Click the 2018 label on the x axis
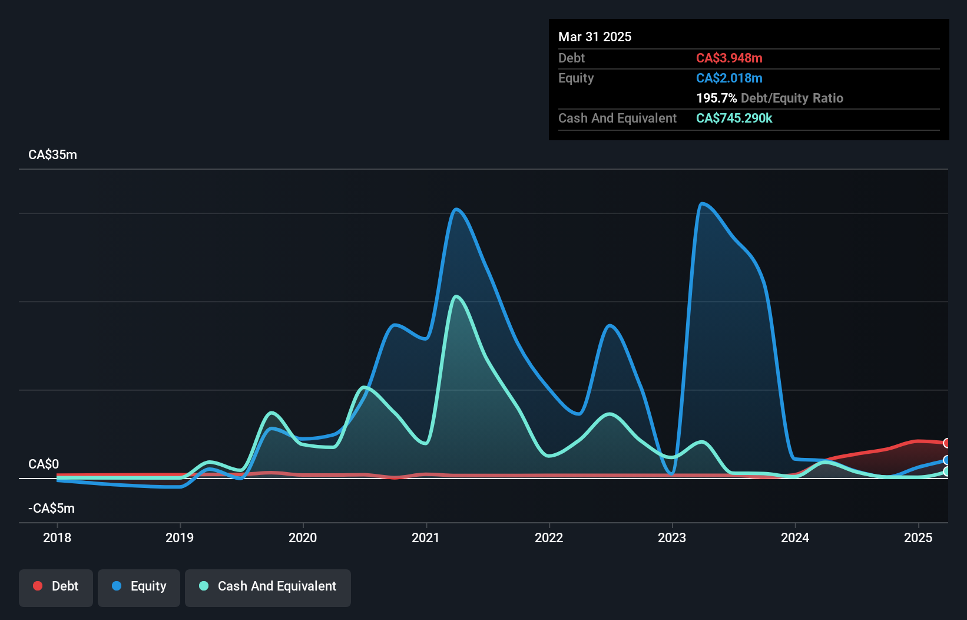(x=57, y=537)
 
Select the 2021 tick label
(x=426, y=537)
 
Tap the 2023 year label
(x=672, y=537)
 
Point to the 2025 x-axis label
(x=918, y=537)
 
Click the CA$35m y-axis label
(x=52, y=155)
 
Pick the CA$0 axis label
(x=44, y=464)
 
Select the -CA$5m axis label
(x=51, y=508)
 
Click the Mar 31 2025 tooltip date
(x=595, y=37)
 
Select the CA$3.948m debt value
(x=729, y=58)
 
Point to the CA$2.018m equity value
(x=729, y=78)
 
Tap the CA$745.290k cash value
(x=734, y=118)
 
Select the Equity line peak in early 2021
(x=456, y=209)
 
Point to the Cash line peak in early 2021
(x=456, y=296)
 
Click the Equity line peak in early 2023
(x=701, y=204)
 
